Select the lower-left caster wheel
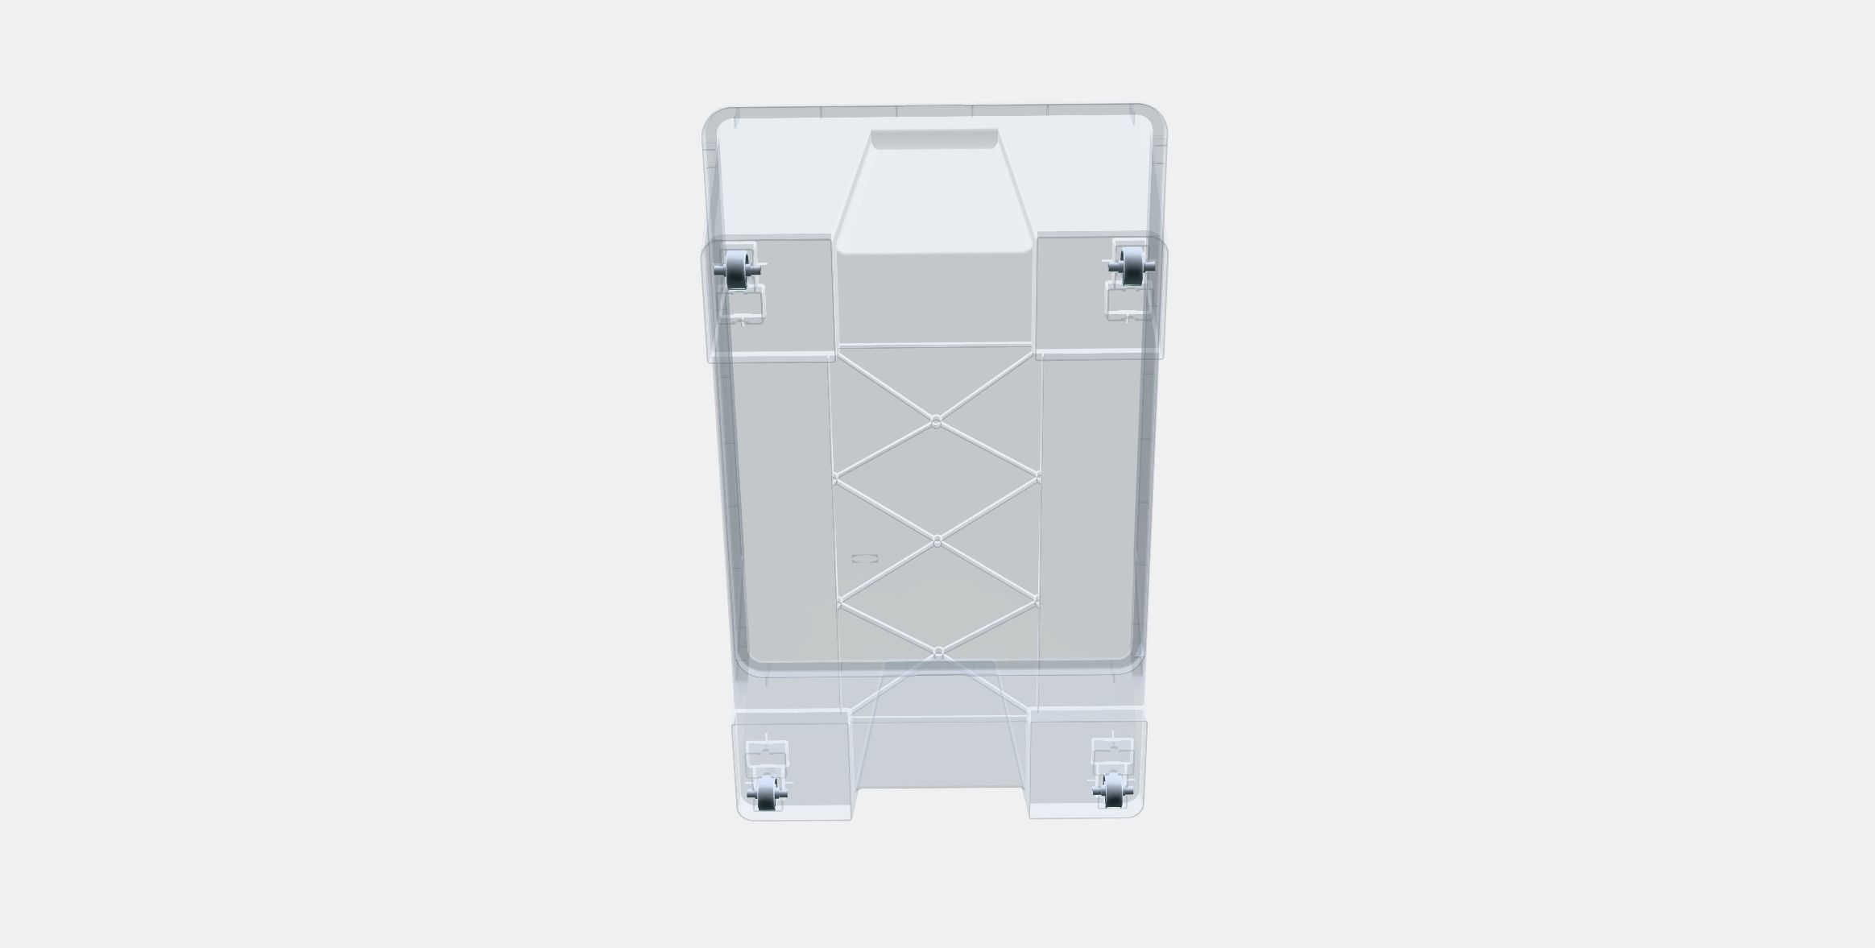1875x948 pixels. click(x=766, y=793)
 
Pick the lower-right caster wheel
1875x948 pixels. click(x=1113, y=789)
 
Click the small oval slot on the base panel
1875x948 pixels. click(x=864, y=557)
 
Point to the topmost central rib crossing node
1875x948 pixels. click(x=936, y=421)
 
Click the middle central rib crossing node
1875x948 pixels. click(x=937, y=542)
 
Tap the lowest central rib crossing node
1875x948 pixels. click(x=938, y=651)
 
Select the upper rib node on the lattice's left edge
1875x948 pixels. click(x=835, y=477)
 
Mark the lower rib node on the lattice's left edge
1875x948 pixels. click(x=839, y=602)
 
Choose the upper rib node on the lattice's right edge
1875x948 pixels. click(x=1038, y=478)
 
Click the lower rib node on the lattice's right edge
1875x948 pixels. click(x=1036, y=600)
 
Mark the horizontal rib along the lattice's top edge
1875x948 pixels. click(x=936, y=346)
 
